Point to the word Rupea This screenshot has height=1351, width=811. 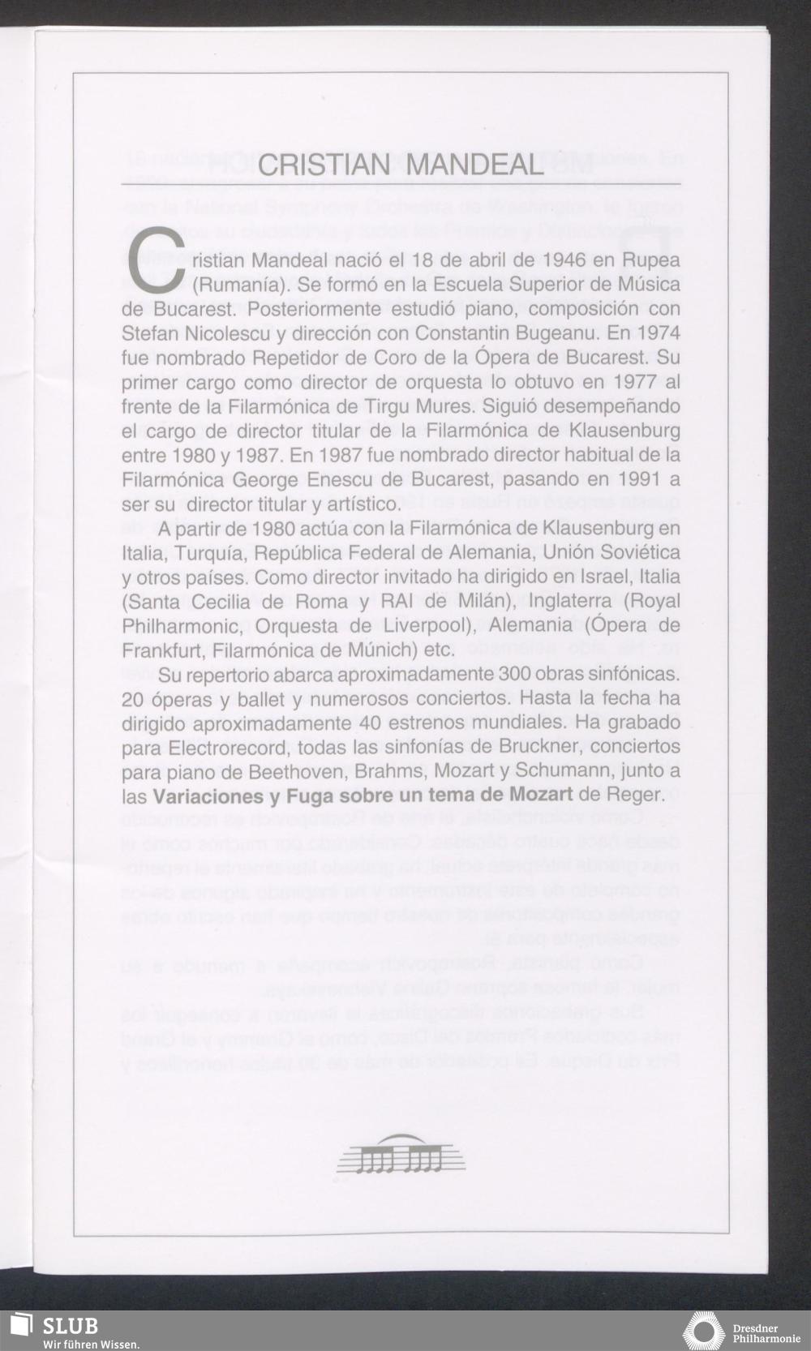pyautogui.click(x=651, y=261)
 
